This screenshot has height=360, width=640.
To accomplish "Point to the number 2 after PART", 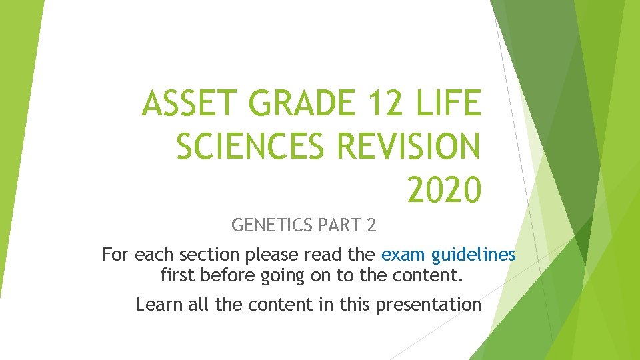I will pyautogui.click(x=371, y=225).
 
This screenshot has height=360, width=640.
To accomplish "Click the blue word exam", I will pyautogui.click(x=404, y=255).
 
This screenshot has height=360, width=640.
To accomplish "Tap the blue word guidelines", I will pyautogui.click(x=474, y=255).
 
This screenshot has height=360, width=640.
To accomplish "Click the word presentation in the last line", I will pyautogui.click(x=429, y=305).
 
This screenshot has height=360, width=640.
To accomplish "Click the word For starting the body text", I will pyautogui.click(x=115, y=255).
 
